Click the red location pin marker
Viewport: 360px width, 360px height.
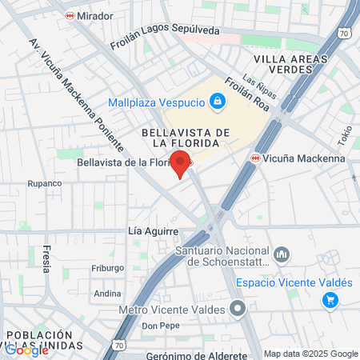point(181,162)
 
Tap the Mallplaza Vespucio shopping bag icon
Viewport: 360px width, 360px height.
point(215,101)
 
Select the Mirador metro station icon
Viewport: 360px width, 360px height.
point(70,15)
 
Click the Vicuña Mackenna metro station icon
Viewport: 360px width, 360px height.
point(256,158)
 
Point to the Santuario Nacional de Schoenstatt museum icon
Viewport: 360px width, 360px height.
point(282,254)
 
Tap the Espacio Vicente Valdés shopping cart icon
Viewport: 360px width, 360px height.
point(329,300)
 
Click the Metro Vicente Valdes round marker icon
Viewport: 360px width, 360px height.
point(237,309)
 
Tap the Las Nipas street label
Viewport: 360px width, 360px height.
point(259,87)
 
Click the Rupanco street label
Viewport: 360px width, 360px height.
point(45,183)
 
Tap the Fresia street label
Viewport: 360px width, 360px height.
point(46,259)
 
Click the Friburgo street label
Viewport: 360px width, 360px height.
point(107,268)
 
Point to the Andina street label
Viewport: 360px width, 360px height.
point(107,294)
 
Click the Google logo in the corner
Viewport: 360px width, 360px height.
point(26,350)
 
